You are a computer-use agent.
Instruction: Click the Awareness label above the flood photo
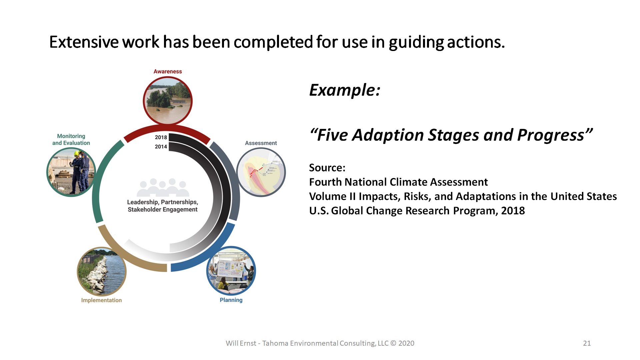[168, 71]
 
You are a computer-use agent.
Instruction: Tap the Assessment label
[261, 143]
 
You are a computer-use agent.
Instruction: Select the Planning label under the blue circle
[231, 300]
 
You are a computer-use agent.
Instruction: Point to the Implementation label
[101, 300]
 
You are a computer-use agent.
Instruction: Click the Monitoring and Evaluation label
[71, 139]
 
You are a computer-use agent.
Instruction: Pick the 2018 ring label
[161, 137]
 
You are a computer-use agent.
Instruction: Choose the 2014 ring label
[161, 147]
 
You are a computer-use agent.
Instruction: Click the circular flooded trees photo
[168, 101]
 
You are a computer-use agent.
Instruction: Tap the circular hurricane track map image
[261, 172]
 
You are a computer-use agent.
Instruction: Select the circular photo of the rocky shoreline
[102, 272]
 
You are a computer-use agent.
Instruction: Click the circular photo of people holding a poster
[231, 271]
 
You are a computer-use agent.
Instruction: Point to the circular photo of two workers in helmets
[71, 172]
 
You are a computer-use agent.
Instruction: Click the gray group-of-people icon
[163, 187]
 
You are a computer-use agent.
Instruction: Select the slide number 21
[587, 343]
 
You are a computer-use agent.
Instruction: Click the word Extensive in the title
[84, 42]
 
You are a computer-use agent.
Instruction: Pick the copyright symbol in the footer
[393, 343]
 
